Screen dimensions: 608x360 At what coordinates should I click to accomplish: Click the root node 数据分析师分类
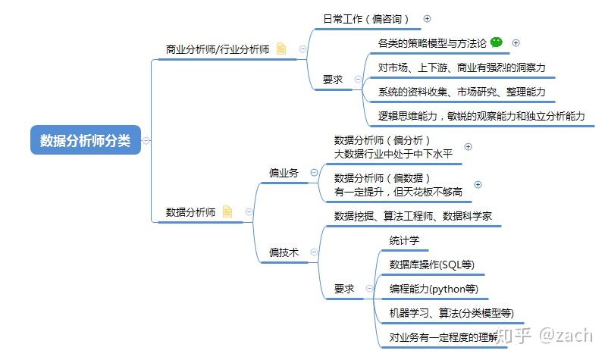[x=86, y=140]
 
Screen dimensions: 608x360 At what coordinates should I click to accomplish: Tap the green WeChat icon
[x=497, y=42]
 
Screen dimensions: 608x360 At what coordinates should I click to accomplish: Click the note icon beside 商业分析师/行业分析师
[x=281, y=49]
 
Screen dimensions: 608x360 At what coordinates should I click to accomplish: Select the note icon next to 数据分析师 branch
[x=227, y=211]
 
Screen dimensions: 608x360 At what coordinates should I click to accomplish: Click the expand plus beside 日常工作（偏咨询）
[x=427, y=19]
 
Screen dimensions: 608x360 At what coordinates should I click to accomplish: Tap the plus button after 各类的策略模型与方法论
[x=516, y=43]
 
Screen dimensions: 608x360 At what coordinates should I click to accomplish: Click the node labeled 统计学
[x=404, y=241]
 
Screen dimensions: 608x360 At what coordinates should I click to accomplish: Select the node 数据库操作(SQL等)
[x=431, y=265]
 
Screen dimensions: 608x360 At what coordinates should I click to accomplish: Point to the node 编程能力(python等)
[x=434, y=289]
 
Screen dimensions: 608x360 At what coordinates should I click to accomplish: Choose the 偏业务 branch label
[x=284, y=173]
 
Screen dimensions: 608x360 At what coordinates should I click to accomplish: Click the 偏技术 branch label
[x=284, y=252]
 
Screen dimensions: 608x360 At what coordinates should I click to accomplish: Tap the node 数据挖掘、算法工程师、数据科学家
[x=413, y=216]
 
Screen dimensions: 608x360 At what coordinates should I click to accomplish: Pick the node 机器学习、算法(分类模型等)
[x=451, y=313]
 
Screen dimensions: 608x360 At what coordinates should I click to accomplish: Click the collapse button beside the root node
[x=146, y=140]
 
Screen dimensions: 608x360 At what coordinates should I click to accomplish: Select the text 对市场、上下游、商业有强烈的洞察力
[x=462, y=67]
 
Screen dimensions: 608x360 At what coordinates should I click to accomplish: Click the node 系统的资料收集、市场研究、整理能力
[x=462, y=92]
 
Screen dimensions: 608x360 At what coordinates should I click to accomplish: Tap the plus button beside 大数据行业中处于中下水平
[x=468, y=147]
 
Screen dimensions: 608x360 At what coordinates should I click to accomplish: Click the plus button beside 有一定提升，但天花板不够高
[x=478, y=185]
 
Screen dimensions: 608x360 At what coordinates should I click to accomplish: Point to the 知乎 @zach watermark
[x=544, y=335]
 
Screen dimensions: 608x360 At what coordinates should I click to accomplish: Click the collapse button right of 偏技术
[x=314, y=252]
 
